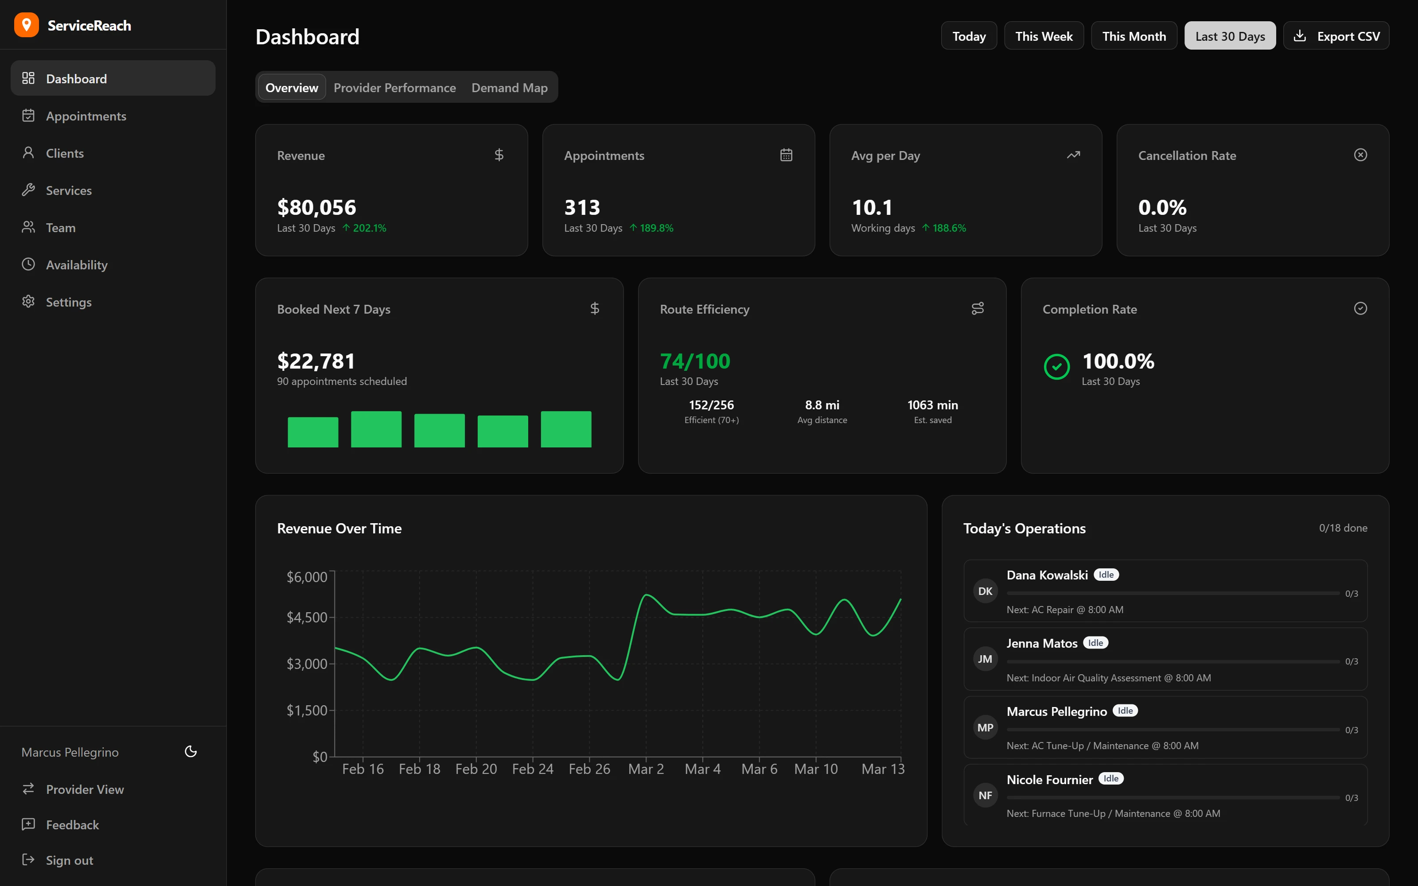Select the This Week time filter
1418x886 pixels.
(1043, 36)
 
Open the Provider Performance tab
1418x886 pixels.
(394, 88)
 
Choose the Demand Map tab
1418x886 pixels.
(509, 88)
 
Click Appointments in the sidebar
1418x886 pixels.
(86, 116)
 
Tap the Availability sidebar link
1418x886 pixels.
(76, 265)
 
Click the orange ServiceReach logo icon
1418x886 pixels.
(27, 25)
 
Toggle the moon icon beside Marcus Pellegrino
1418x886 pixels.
(191, 752)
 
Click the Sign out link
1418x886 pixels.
(69, 860)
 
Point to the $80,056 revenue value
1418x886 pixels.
(316, 207)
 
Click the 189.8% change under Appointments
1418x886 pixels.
(656, 228)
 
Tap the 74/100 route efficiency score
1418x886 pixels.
(695, 361)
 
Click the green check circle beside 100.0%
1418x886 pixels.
(1056, 367)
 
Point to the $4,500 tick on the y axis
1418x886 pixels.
(307, 617)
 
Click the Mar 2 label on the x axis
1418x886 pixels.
(646, 769)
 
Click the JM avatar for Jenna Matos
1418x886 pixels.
(985, 659)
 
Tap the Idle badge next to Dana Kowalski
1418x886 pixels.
(1106, 575)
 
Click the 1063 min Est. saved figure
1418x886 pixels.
(932, 405)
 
